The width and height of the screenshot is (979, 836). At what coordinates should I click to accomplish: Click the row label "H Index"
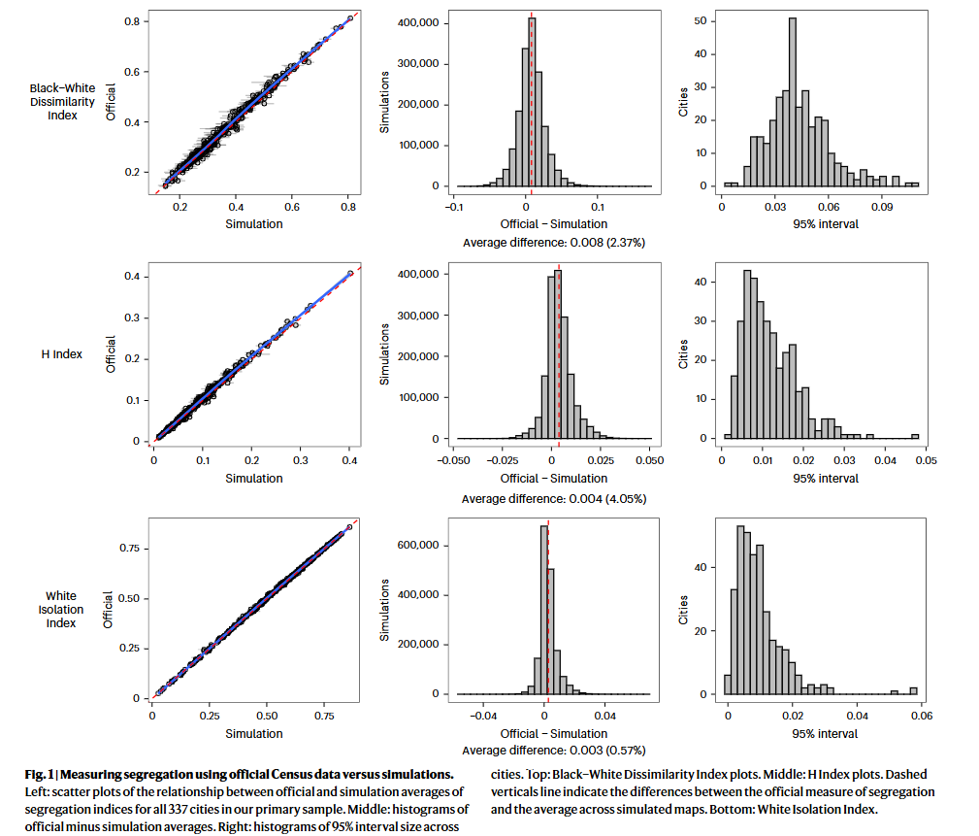(x=62, y=354)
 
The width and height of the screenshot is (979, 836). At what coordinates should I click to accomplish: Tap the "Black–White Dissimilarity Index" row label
(x=62, y=102)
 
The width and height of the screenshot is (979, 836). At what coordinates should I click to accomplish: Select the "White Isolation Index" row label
(x=61, y=609)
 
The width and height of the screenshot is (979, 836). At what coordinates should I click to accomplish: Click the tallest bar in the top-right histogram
(x=793, y=102)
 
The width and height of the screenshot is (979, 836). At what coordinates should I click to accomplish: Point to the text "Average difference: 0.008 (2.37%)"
(x=554, y=243)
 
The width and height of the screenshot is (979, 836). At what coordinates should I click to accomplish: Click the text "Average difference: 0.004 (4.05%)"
(x=554, y=499)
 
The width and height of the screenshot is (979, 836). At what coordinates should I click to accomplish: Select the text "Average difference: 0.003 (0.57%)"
(x=554, y=750)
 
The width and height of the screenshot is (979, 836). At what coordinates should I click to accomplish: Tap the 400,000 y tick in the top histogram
(x=418, y=23)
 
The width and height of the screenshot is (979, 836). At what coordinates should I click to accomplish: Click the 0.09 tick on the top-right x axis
(x=882, y=207)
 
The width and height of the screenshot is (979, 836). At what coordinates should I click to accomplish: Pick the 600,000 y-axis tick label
(x=418, y=545)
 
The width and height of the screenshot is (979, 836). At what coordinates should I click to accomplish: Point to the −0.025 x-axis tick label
(x=503, y=460)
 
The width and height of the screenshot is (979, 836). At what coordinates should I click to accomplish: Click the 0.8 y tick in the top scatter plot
(x=132, y=21)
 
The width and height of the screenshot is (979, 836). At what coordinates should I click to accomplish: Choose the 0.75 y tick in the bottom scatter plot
(x=129, y=548)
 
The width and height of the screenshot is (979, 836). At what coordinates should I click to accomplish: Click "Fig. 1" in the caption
(x=39, y=775)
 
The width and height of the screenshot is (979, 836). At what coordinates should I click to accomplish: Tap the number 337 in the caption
(x=178, y=810)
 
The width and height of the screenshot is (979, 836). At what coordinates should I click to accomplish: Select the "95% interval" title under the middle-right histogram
(x=826, y=479)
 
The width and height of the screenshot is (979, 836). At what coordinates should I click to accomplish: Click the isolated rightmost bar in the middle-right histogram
(x=915, y=436)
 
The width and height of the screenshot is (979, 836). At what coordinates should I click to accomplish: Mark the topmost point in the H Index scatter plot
(x=350, y=273)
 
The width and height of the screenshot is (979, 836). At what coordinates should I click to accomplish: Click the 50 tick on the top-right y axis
(x=701, y=21)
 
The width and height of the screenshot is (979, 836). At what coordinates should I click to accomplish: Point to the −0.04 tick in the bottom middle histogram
(x=483, y=716)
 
